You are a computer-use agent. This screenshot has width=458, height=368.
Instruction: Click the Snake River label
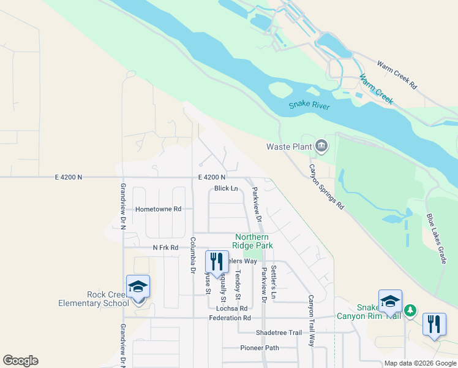click(x=309, y=106)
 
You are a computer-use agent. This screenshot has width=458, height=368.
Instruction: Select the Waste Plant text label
click(x=289, y=147)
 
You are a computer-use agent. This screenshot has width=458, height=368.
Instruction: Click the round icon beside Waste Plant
click(x=321, y=146)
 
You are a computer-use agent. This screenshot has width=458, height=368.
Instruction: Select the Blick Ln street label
click(x=226, y=189)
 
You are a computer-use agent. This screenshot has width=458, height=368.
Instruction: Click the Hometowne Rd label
click(x=159, y=209)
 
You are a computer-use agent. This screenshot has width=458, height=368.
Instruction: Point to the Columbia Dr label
click(x=192, y=255)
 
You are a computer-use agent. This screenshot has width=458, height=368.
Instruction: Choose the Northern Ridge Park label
click(x=252, y=241)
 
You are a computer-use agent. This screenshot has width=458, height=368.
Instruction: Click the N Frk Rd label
click(x=165, y=248)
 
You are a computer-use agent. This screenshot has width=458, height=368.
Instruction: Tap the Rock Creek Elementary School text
click(x=91, y=299)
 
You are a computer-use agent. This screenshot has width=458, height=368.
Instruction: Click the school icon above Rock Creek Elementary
click(x=138, y=286)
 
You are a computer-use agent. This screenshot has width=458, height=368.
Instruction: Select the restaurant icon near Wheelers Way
click(x=217, y=262)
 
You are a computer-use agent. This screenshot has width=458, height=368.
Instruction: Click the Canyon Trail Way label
click(x=311, y=321)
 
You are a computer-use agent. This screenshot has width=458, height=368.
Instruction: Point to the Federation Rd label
click(x=230, y=318)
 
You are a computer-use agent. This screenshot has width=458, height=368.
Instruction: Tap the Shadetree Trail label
click(x=279, y=332)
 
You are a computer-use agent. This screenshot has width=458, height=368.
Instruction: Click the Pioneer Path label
click(x=260, y=348)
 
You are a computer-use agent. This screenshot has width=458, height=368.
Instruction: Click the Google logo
click(x=20, y=361)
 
